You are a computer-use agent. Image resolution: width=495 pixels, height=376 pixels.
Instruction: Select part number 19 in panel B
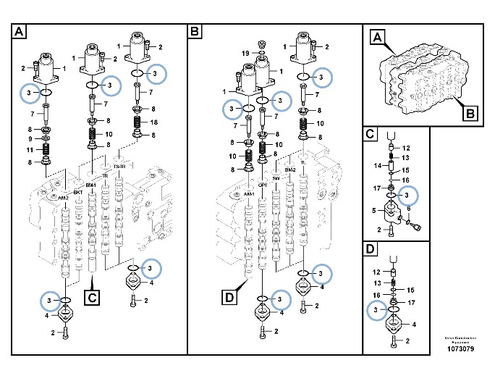246,54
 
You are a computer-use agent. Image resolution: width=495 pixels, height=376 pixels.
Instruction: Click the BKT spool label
77,192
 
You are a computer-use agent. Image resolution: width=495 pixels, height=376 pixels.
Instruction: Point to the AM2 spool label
63,198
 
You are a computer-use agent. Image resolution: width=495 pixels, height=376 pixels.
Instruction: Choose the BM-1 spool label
91,185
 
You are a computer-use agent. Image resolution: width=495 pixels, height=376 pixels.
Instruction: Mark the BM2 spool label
289,170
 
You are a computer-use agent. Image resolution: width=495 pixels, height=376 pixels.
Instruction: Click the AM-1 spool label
248,194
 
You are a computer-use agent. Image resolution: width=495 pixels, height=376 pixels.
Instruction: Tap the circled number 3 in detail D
375,311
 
